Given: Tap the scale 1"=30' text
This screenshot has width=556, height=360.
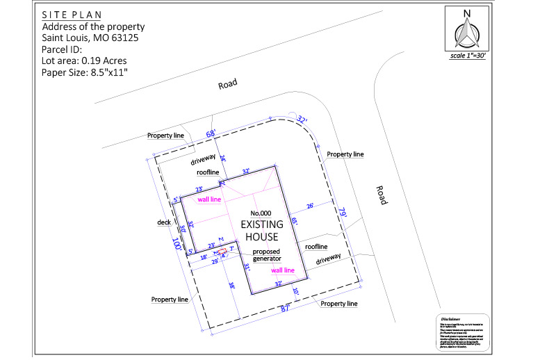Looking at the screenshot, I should click(x=467, y=56).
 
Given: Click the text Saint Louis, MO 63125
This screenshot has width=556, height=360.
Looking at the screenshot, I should click(x=90, y=38).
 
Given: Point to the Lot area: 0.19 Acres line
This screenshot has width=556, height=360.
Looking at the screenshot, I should click(x=84, y=60).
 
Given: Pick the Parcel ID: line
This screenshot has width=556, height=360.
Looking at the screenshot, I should click(x=62, y=49).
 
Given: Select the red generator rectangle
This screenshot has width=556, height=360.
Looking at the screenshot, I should click(x=222, y=252).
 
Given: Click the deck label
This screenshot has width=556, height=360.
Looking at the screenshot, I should click(x=164, y=222).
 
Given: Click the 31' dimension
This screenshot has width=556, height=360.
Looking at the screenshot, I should click(x=246, y=267).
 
